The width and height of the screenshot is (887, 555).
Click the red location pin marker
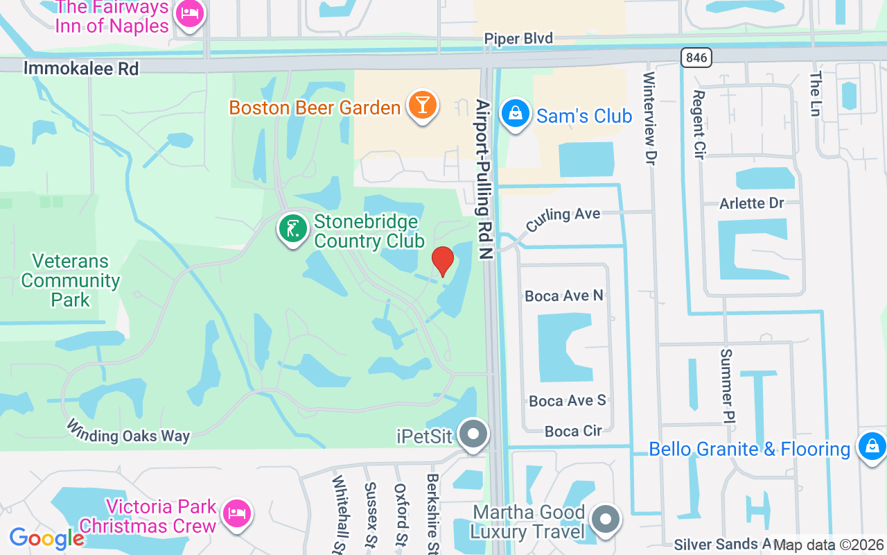pyautogui.click(x=442, y=261)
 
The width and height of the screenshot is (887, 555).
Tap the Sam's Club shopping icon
pyautogui.click(x=515, y=114)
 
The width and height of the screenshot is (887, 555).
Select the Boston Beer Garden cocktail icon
pyautogui.click(x=421, y=106)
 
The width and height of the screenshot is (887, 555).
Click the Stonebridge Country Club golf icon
pyautogui.click(x=293, y=229)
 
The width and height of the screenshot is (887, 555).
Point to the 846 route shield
pyautogui.click(x=696, y=58)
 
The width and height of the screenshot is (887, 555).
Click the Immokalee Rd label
pyautogui.click(x=81, y=68)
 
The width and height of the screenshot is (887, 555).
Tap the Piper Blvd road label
pyautogui.click(x=518, y=39)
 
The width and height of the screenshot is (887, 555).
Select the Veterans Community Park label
pyautogui.click(x=71, y=280)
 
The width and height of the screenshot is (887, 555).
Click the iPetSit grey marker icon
pyautogui.click(x=475, y=435)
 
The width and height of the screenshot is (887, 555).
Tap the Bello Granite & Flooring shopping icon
pyautogui.click(x=871, y=446)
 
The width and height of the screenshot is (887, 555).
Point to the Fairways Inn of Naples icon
pyautogui.click(x=189, y=14)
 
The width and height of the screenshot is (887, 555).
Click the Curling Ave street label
pyautogui.click(x=563, y=219)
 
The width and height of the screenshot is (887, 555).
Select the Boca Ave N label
pyautogui.click(x=564, y=296)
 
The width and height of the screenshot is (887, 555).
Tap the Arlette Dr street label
pyautogui.click(x=751, y=203)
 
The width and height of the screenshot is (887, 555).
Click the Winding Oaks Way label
pyautogui.click(x=128, y=430)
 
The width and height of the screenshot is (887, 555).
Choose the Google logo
pyautogui.click(x=46, y=538)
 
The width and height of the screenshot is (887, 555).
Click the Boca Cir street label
pyautogui.click(x=573, y=431)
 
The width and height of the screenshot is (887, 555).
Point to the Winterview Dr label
pyautogui.click(x=649, y=118)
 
